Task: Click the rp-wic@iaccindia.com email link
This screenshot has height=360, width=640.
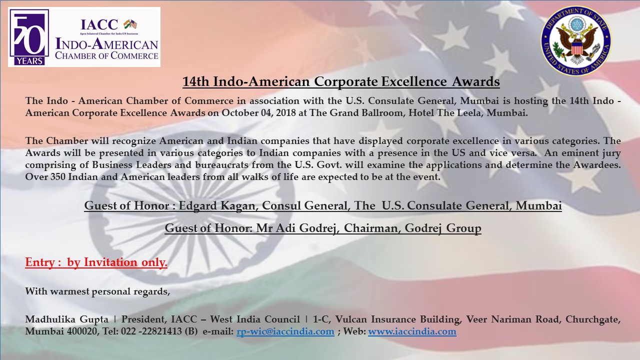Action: [285, 331]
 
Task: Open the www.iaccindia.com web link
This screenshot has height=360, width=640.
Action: [412, 331]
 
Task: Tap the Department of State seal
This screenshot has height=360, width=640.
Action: [576, 40]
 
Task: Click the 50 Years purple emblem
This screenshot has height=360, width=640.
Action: [29, 37]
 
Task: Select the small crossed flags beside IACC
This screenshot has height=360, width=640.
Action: [130, 24]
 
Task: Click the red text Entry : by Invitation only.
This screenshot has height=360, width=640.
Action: [96, 262]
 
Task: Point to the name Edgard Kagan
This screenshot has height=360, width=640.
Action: [217, 205]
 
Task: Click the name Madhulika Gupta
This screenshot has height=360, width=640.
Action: [67, 319]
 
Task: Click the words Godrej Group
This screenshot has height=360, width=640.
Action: [443, 228]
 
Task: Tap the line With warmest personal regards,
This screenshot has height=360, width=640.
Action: [97, 291]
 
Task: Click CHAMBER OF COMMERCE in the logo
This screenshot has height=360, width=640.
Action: [106, 55]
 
